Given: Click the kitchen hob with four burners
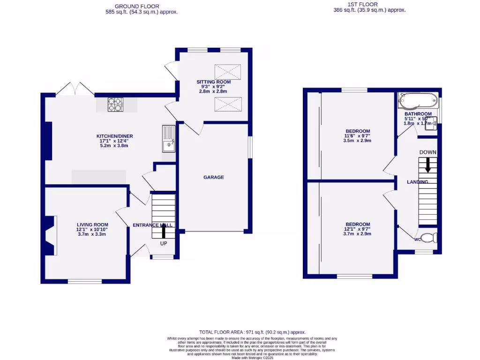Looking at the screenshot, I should click(115, 105).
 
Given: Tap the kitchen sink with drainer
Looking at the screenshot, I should click(168, 139).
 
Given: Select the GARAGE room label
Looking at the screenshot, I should click(213, 177).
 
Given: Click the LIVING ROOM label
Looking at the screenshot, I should click(92, 225).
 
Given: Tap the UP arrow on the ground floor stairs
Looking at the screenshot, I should click(164, 232).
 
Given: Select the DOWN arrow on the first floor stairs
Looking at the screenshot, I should click(427, 165).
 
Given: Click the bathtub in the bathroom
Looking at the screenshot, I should click(417, 100).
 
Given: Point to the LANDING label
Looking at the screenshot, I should click(417, 182).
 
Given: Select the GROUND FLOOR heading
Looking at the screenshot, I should click(141, 6).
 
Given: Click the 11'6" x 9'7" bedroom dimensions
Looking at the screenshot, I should click(358, 136).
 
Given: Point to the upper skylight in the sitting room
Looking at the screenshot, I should click(227, 72).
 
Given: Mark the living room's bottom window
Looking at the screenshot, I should click(85, 281).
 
